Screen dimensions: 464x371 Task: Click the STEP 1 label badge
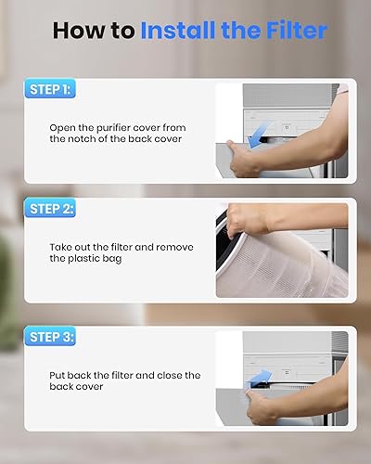51,89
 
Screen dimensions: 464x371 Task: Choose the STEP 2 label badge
51,209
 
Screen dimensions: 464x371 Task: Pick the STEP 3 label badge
51,336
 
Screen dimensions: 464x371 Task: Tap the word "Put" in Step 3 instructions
59,375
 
